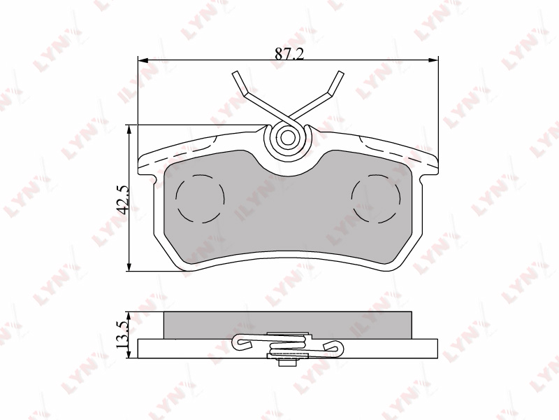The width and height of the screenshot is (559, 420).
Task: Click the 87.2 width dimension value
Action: pyautogui.click(x=289, y=54)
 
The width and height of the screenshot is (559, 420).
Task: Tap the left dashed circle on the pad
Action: pyautogui.click(x=200, y=199)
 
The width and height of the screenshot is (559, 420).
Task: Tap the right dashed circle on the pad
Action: pyautogui.click(x=376, y=199)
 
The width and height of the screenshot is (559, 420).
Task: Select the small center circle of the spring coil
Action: pyautogui.click(x=287, y=137)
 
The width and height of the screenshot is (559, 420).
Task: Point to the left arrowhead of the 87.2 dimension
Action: pyautogui.click(x=143, y=59)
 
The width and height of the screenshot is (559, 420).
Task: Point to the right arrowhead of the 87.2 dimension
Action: pyautogui.click(x=433, y=59)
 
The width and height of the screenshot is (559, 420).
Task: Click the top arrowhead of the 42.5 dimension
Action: pyautogui.click(x=129, y=130)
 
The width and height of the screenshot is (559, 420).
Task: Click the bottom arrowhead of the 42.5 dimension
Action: pyautogui.click(x=129, y=266)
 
